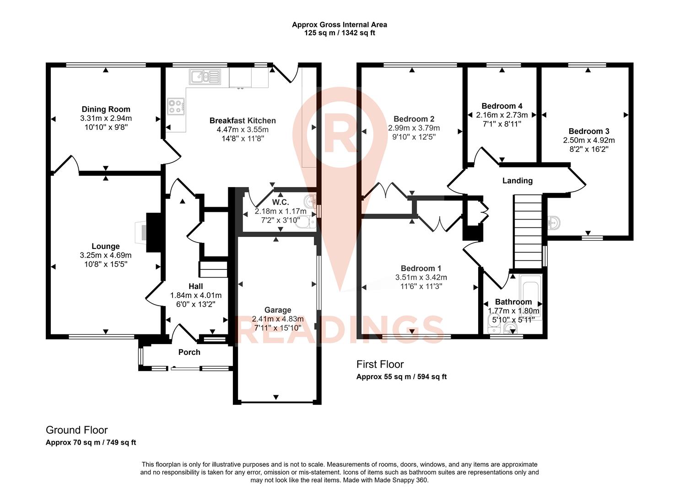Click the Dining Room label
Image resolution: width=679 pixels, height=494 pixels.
[106, 109]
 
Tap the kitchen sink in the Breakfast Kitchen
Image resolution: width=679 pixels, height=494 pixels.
[206, 76]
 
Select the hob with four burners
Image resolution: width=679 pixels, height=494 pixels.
[176, 107]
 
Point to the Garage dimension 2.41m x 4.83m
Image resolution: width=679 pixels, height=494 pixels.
[278, 319]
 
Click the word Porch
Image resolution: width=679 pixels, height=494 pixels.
[189, 352]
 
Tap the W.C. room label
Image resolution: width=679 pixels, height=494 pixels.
[280, 202]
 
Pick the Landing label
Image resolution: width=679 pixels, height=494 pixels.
[517, 181]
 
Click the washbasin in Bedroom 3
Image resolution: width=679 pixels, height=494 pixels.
[554, 223]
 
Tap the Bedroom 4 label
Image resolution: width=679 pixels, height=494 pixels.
[502, 106]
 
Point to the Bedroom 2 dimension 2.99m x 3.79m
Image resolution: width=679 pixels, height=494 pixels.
[414, 128]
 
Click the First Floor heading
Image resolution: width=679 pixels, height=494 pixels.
[380, 365]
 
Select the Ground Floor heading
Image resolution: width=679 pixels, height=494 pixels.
[77, 430]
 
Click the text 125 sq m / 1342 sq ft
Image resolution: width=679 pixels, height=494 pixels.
[339, 33]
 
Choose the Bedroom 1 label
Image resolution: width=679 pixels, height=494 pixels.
[421, 268]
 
